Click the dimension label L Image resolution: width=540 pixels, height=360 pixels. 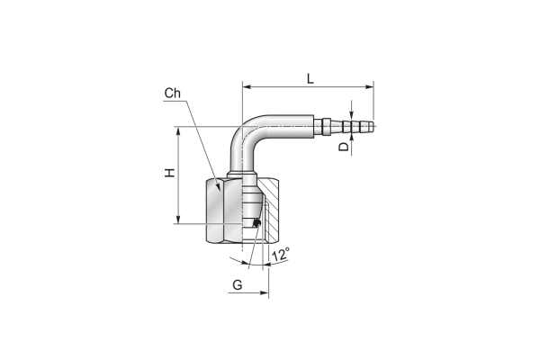pos(310,78)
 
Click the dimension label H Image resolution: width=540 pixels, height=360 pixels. pos(169,173)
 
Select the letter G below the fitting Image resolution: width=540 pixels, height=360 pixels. pos(238,285)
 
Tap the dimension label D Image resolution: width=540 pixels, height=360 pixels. pos(344,147)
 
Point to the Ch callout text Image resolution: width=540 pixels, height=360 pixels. pos(172,93)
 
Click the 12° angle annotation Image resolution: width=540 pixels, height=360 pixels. pos(281,255)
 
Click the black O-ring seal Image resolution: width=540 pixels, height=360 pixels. pos(256,223)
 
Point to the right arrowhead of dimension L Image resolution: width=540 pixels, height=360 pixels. pos(370,87)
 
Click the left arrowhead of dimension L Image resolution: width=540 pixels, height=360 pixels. pos(247,87)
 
